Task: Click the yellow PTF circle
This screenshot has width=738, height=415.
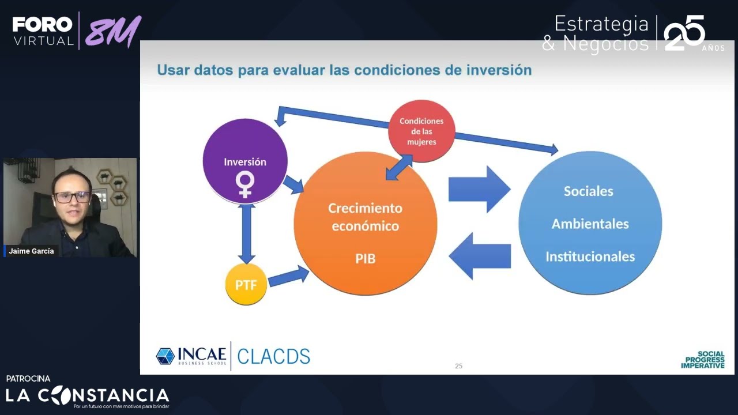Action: tap(246, 284)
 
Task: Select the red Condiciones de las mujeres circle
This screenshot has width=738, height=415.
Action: tap(421, 131)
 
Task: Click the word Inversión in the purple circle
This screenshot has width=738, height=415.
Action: tap(245, 162)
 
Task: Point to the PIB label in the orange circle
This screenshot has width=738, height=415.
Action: tap(365, 259)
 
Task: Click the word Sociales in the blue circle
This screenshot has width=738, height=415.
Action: tap(588, 191)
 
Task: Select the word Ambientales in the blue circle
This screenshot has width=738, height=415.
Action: tap(590, 224)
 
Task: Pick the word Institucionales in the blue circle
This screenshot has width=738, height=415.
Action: tap(590, 256)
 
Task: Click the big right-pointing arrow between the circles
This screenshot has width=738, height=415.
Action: tap(479, 190)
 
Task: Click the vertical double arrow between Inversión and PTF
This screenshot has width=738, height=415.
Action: tap(247, 234)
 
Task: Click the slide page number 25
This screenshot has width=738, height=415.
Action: tap(458, 366)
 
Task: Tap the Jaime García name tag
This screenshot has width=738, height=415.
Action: tap(32, 251)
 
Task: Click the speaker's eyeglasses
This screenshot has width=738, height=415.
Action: tap(72, 197)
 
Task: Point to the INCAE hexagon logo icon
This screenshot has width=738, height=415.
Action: tap(165, 356)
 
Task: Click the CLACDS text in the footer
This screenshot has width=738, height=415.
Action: tap(273, 356)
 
